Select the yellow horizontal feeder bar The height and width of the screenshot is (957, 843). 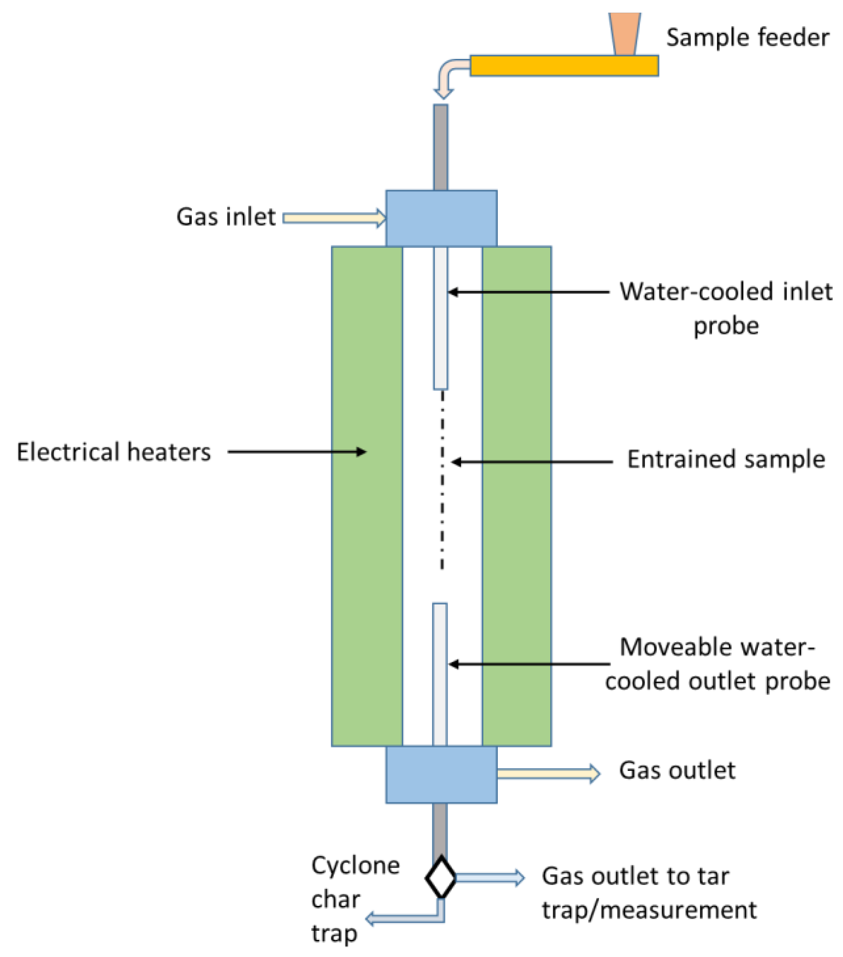(x=564, y=66)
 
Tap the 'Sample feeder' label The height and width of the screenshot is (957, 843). (x=747, y=38)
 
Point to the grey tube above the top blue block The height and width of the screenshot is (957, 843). (x=441, y=147)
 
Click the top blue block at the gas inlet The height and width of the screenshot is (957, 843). (x=441, y=218)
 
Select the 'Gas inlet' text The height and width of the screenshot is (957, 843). (x=226, y=217)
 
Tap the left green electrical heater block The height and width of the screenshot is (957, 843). (x=367, y=496)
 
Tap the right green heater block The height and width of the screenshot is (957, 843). (x=517, y=496)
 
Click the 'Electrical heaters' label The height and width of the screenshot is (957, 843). (x=114, y=452)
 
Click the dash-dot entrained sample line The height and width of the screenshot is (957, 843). (x=442, y=480)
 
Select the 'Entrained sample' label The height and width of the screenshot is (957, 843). (x=726, y=459)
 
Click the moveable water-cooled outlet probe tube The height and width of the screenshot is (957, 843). (x=440, y=675)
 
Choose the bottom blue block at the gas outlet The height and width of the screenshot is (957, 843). (x=441, y=775)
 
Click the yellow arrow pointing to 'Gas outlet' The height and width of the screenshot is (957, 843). (x=548, y=774)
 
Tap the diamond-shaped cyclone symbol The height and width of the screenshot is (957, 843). (x=441, y=878)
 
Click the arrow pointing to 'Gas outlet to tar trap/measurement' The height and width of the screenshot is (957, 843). (x=490, y=878)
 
